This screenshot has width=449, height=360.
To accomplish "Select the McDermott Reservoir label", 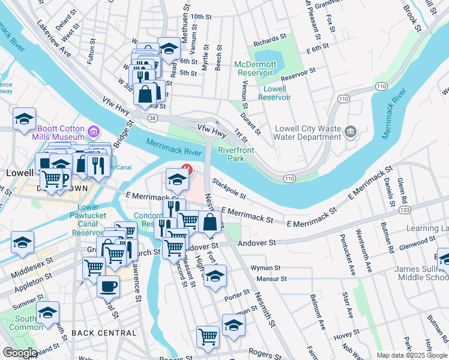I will (255, 68).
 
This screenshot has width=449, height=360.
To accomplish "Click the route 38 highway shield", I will (154, 118).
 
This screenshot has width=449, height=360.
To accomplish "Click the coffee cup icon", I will (108, 287).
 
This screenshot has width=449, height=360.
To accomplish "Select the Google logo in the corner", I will (20, 353).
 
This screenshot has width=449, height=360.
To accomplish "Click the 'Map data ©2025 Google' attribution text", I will (411, 355).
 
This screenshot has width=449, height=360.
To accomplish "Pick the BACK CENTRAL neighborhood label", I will (104, 332).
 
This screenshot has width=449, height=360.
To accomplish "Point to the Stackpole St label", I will (229, 188).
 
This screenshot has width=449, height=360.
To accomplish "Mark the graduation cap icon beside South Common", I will (47, 313).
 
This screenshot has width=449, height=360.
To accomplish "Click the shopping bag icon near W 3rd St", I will (146, 94).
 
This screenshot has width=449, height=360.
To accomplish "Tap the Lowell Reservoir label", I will (274, 93).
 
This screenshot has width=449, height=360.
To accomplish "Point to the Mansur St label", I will (268, 278).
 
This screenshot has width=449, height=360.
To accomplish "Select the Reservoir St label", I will (298, 73).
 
